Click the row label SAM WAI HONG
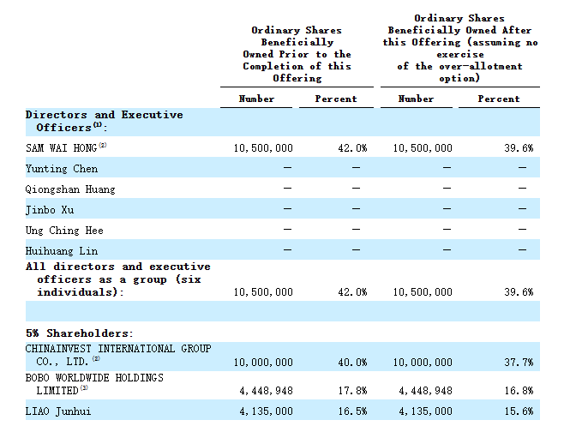61,147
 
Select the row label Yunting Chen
62,169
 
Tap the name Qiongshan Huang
70,189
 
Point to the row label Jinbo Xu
50,210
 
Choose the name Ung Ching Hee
64,231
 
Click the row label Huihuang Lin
62,250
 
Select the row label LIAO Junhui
58,411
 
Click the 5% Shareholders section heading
79,333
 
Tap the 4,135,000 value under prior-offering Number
267,411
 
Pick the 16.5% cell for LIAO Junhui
352,411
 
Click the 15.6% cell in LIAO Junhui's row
519,411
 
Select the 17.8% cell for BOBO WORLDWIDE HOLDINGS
352,391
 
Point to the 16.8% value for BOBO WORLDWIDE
519,391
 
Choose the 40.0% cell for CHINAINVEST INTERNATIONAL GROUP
352,363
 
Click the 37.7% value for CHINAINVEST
519,363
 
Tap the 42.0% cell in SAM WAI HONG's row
352,148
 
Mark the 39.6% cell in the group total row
519,292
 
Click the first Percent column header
336,99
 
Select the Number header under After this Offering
416,99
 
